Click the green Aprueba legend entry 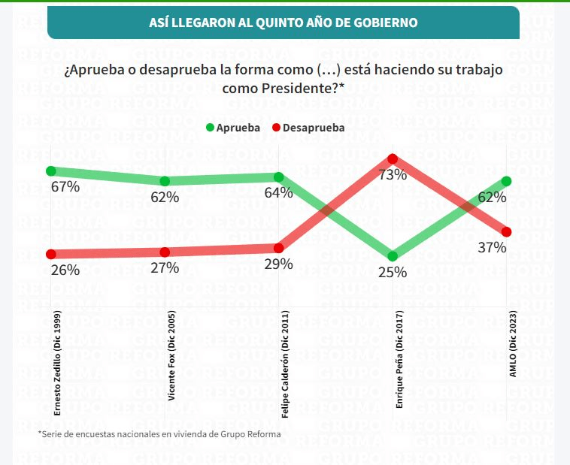[233, 128]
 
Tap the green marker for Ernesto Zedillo [51, 171]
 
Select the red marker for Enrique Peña [393, 159]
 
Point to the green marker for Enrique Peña [393, 256]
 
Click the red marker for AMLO [507, 231]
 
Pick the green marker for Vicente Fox [165, 181]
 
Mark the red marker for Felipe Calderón [279, 247]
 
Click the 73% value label [393, 175]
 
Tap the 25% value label [393, 273]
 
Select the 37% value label [492, 247]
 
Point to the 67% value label [65, 187]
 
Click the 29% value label [278, 264]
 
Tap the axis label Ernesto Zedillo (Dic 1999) [58, 364]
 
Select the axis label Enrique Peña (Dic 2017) [399, 360]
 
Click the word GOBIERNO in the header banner [384, 23]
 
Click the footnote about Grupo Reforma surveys [159, 433]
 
